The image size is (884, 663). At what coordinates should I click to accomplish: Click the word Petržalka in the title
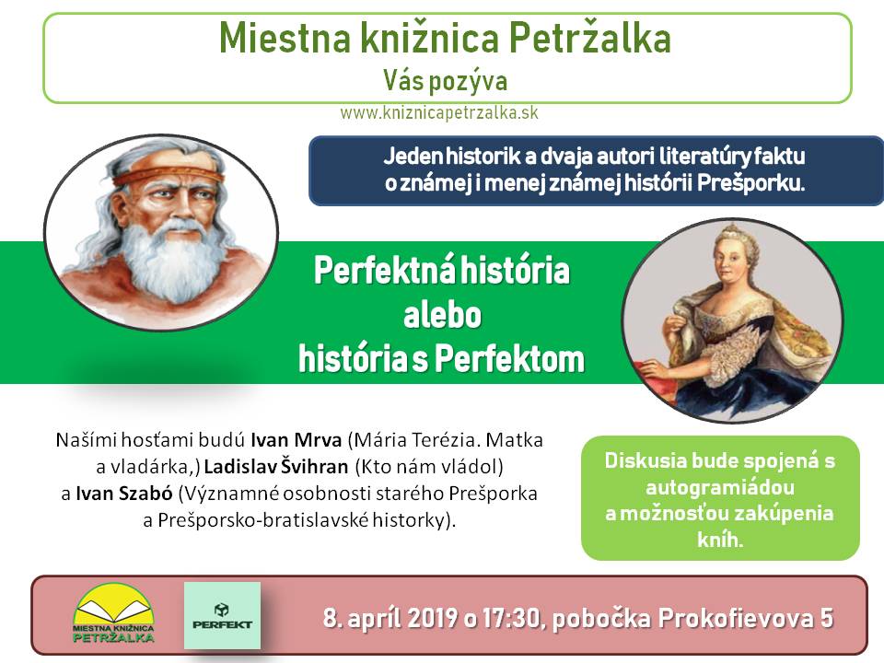590,38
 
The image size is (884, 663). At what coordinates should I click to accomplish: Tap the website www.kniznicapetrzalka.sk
439,112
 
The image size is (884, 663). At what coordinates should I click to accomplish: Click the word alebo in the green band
443,315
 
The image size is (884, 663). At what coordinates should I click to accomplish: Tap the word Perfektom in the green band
509,359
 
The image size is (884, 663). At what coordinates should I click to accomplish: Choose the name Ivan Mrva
296,440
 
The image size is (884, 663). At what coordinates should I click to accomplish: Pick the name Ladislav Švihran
276,467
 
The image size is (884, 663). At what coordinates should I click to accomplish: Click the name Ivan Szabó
124,494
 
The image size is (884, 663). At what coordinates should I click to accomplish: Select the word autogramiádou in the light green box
720,487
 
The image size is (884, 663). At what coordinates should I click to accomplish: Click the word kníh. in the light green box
720,541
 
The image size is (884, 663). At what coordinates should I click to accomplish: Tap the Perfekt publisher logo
222,616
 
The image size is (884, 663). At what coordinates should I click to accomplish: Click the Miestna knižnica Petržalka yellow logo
113,614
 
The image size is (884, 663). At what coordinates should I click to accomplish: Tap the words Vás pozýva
446,81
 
